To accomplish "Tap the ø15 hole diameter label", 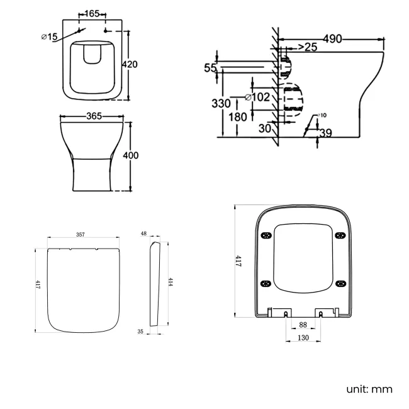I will [x=49, y=37].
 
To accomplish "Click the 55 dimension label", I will [x=210, y=68].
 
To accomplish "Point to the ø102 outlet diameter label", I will [x=257, y=98].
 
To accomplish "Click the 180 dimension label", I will [x=238, y=117].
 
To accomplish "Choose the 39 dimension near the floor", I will [x=325, y=132].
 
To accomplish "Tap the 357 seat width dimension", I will [x=81, y=235].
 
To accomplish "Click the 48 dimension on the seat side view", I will [x=143, y=233].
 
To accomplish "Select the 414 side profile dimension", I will [x=170, y=282].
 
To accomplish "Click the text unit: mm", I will [x=369, y=389].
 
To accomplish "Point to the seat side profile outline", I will [x=155, y=283].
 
